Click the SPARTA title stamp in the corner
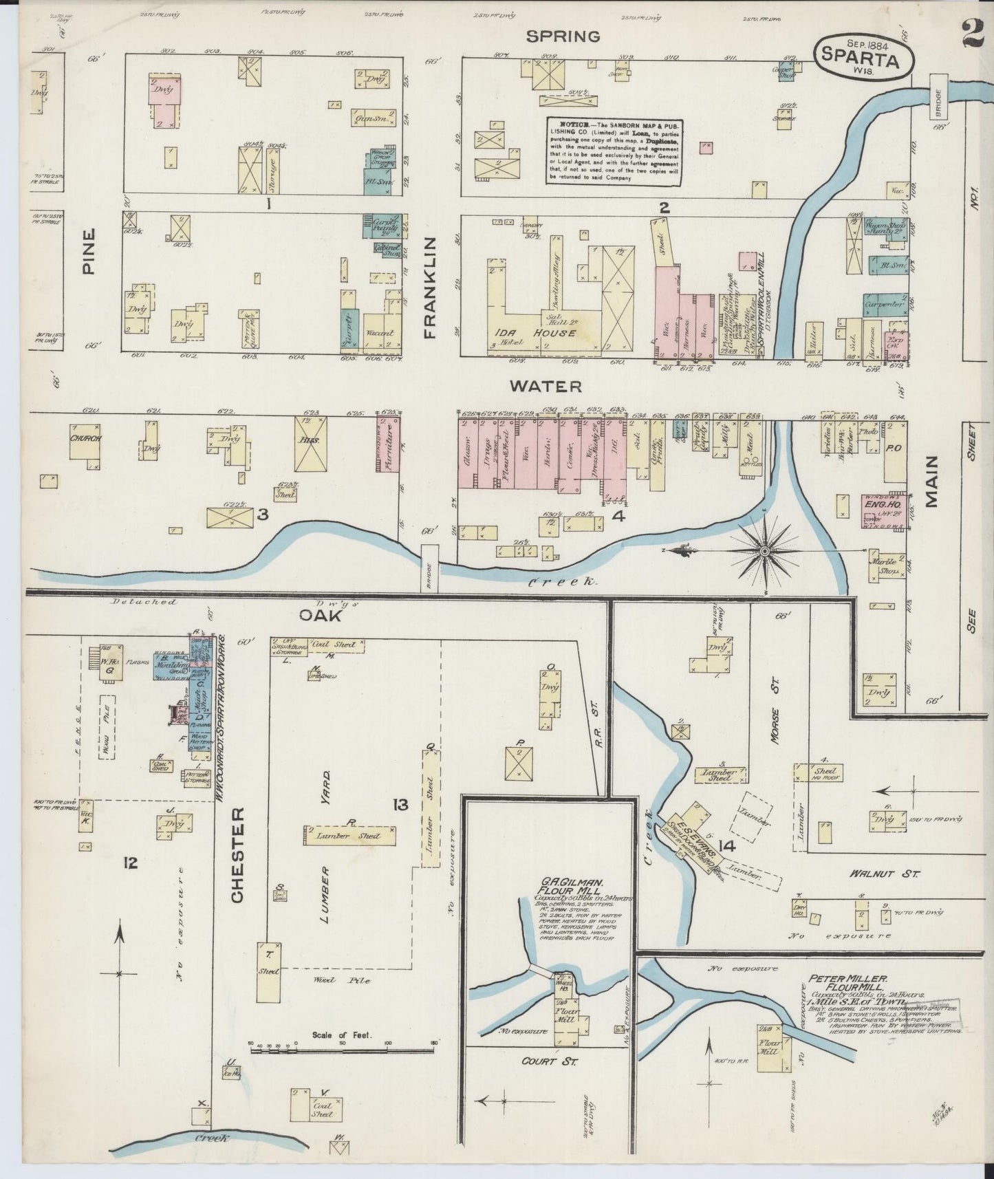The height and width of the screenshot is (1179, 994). [x=865, y=54]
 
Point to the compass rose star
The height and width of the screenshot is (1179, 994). [x=765, y=550]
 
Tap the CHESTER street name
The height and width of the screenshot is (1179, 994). [x=237, y=856]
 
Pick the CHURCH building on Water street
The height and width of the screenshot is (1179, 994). [x=85, y=439]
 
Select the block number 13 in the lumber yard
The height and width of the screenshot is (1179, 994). [x=400, y=804]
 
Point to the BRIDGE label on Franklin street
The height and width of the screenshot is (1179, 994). [x=430, y=568]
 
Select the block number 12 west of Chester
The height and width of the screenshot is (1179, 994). [x=131, y=861]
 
